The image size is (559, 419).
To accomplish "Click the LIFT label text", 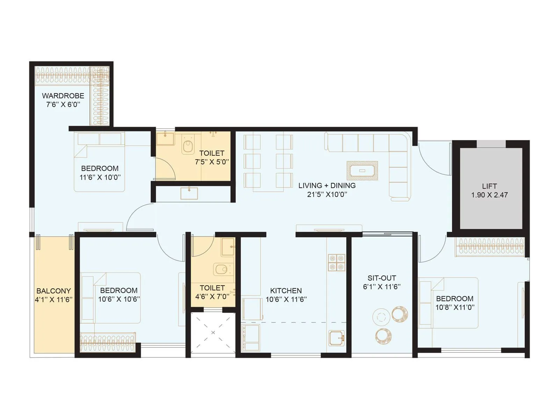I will pos(489,186).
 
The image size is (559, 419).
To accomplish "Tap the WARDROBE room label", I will pos(63,96).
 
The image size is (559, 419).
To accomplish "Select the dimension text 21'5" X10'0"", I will pos(327,194).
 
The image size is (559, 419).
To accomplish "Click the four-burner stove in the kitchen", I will pos(336,263).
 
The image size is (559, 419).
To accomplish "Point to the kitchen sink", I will pos(336,338).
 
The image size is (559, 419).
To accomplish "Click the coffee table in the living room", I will pos(362,171).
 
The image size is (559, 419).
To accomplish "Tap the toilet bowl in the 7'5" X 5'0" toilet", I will pos(188,147).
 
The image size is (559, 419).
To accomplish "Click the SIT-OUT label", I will pos(382,278).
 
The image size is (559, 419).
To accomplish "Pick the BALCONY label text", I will pos(53,291).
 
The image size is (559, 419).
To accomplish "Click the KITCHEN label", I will pos(286,291).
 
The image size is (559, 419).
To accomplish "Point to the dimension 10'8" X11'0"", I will pos(455,307).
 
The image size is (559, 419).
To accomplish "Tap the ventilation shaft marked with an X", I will pos(213,332).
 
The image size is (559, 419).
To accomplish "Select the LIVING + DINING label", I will pos(327,185).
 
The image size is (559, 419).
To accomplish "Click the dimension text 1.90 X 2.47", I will pos(489,195).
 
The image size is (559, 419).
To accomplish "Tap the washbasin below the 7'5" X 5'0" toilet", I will pos(189,193).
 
